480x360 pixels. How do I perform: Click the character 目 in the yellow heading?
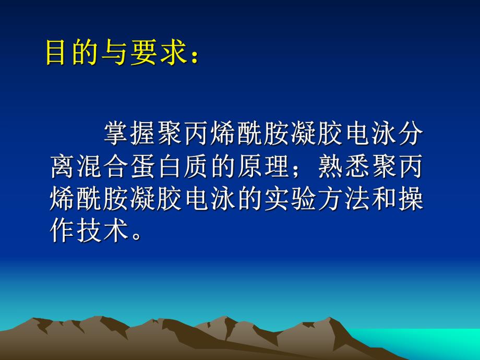(x=57, y=52)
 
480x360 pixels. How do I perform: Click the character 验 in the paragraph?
(x=303, y=200)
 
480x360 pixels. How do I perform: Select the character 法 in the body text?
(x=356, y=200)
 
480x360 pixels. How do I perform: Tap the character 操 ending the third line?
(x=410, y=200)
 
